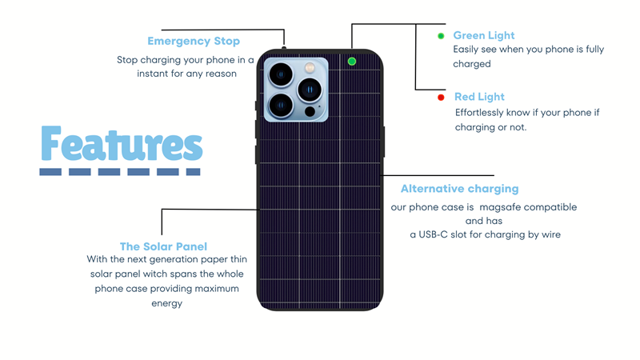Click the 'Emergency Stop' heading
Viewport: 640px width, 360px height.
pos(194,41)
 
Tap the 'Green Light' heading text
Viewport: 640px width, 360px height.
pos(483,35)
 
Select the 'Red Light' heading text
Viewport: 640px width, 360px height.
pos(479,97)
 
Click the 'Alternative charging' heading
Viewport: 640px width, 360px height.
pos(459,189)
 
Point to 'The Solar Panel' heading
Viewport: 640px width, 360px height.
pos(163,246)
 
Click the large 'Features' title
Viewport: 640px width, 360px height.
pos(121,145)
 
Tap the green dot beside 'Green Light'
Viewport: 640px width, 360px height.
pos(441,36)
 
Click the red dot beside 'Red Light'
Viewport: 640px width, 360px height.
pos(441,98)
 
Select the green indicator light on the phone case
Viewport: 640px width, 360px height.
pos(352,62)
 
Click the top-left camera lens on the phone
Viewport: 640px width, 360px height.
pos(280,75)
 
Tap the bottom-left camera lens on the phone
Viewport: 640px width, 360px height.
pos(280,104)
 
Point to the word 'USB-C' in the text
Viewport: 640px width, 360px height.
pos(436,235)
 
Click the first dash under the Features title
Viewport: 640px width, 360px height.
pos(50,171)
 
